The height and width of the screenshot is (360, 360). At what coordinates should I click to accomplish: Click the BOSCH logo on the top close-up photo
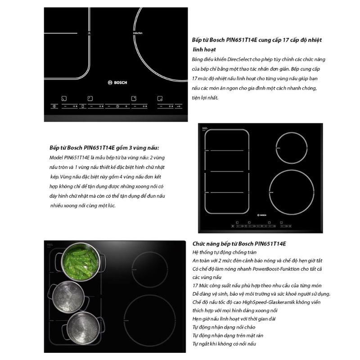(117, 82)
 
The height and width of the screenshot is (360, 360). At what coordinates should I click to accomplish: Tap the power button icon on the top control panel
(54, 106)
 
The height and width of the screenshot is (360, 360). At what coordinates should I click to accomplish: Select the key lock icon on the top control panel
(179, 106)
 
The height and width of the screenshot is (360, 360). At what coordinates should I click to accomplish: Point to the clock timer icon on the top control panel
(117, 106)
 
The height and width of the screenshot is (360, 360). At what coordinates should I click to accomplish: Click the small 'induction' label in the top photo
(138, 33)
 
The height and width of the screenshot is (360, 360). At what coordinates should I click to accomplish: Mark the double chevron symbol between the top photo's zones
(89, 33)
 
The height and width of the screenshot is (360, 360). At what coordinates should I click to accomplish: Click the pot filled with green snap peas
(81, 262)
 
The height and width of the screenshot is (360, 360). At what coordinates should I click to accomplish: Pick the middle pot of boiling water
(68, 297)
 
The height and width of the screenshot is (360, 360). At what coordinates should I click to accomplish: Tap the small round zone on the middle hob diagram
(276, 148)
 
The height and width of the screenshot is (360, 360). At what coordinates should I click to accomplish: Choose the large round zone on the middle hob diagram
(269, 193)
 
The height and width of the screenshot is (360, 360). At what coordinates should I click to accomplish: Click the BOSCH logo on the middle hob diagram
(262, 215)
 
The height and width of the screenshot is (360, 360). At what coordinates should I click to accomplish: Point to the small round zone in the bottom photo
(132, 270)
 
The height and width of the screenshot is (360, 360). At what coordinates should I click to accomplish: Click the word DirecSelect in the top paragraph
(239, 59)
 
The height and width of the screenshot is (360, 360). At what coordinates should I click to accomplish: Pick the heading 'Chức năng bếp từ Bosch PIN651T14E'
(239, 244)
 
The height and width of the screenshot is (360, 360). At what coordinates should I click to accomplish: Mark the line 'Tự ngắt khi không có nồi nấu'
(224, 344)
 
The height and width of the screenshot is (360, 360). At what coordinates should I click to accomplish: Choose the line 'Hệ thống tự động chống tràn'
(224, 252)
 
